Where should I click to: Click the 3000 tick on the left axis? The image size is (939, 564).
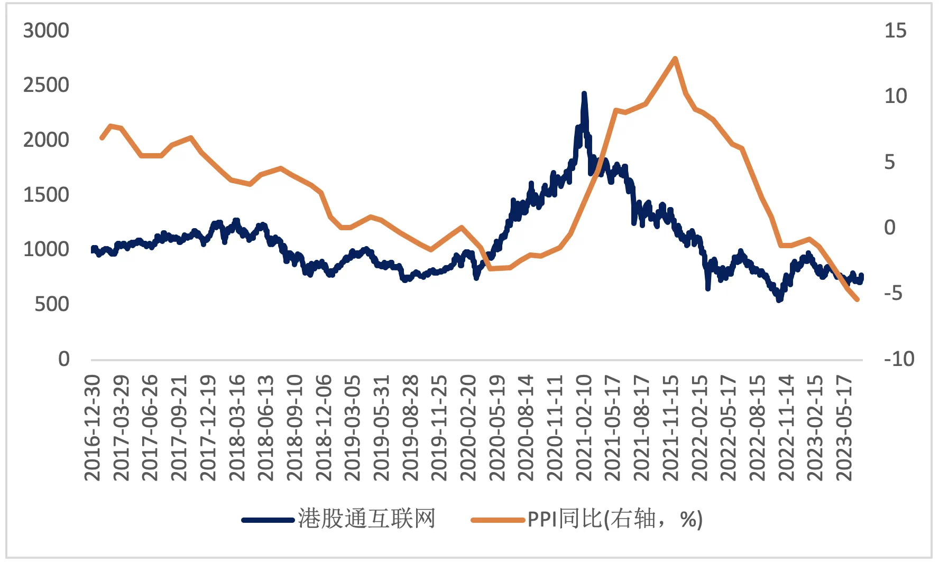click(x=46, y=31)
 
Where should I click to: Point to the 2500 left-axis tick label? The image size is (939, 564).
click(x=46, y=85)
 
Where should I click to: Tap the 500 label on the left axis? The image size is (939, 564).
click(x=52, y=304)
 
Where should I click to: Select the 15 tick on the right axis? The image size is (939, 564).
click(x=895, y=31)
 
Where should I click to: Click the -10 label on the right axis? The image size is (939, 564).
click(x=899, y=359)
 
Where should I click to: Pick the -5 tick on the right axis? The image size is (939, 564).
click(x=894, y=293)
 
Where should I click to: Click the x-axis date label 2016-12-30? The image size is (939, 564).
click(x=92, y=428)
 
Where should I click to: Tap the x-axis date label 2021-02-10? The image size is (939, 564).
click(x=583, y=428)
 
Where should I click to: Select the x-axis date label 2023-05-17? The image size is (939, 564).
click(x=844, y=428)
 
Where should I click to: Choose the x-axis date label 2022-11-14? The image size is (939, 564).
click(x=786, y=428)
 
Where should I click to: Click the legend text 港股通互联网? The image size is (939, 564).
click(x=366, y=519)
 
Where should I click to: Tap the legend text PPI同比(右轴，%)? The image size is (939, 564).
click(x=615, y=520)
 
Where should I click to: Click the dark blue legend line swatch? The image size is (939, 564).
click(x=268, y=520)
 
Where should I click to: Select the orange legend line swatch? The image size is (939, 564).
click(x=498, y=520)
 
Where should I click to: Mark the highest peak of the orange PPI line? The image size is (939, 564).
click(x=675, y=59)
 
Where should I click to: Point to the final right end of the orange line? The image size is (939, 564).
click(x=857, y=299)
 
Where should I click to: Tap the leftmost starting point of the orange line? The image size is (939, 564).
click(x=102, y=138)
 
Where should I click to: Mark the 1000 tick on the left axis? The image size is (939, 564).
click(x=46, y=249)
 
